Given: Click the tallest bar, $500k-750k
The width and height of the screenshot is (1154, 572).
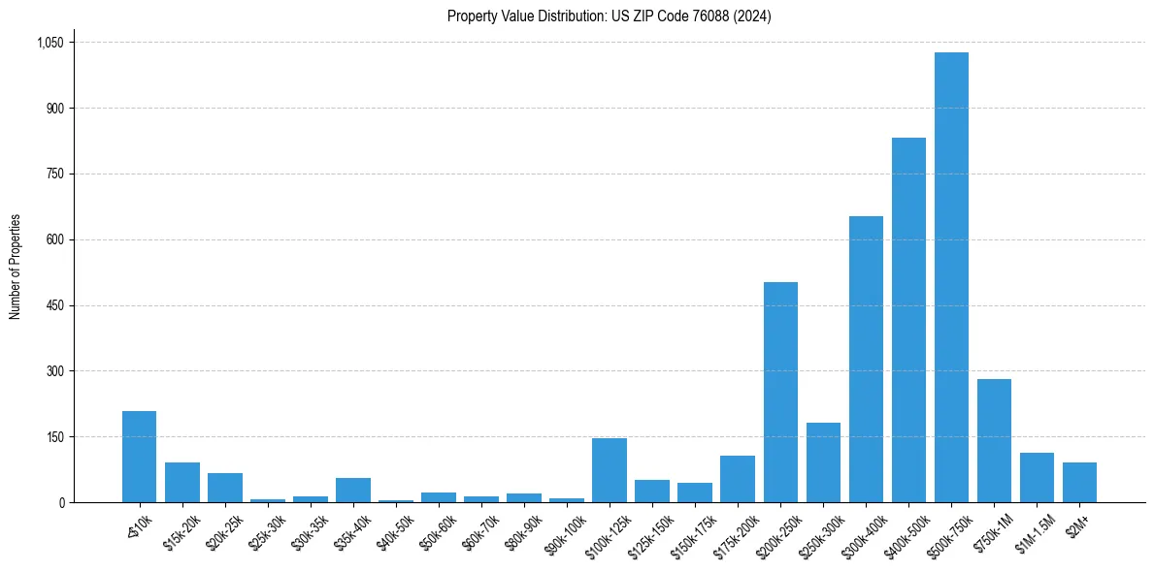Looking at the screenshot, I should pos(951,277).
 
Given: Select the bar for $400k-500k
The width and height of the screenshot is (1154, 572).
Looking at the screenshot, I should pos(908,320).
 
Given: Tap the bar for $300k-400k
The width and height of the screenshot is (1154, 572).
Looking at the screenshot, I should pos(866,359).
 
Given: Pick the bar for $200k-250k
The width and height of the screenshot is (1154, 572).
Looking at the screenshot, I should pos(780,392).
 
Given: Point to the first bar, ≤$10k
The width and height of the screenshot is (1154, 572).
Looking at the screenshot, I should pos(139,457).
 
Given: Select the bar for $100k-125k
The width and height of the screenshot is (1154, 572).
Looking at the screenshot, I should pos(610,470).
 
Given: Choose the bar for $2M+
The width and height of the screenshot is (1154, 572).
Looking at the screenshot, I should pos(1079,482).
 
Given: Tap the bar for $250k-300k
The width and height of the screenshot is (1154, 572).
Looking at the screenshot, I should pos(823,462).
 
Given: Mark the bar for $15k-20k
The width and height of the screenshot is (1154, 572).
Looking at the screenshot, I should pos(181,482).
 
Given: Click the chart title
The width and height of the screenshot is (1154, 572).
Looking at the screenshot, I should pos(609,16).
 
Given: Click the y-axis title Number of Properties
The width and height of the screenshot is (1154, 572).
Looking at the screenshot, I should pos(16,267).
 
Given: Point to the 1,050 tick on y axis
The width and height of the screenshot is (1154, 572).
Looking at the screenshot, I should pos(49,43).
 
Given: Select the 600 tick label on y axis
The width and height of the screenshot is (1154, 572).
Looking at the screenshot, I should pos(53,239).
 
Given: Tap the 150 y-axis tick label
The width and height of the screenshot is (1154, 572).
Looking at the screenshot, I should pos(53,437).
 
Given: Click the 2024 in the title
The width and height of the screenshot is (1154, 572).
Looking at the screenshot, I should pos(753,16).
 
